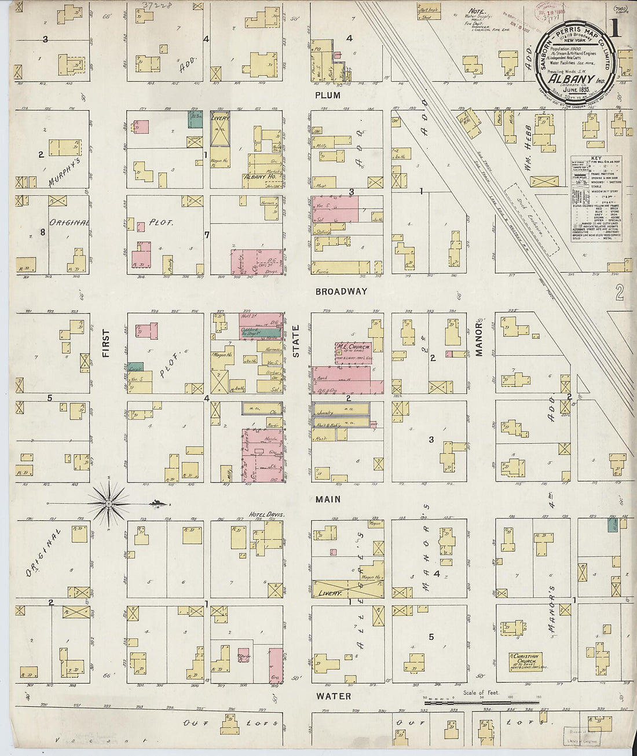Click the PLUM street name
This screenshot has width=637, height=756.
(328, 95)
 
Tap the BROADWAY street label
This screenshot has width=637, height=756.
(341, 291)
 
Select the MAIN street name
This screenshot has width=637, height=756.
(328, 499)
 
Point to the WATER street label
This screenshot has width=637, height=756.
(333, 696)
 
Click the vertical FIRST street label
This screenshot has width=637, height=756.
(106, 343)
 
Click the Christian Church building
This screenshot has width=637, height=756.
(526, 662)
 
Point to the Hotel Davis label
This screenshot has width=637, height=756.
(264, 514)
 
